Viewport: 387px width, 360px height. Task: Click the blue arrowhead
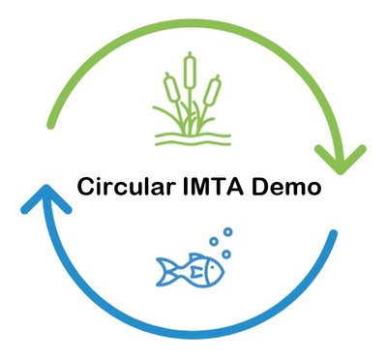point(40,201)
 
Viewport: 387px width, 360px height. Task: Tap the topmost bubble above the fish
point(227,232)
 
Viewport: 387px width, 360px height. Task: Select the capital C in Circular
point(85,187)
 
